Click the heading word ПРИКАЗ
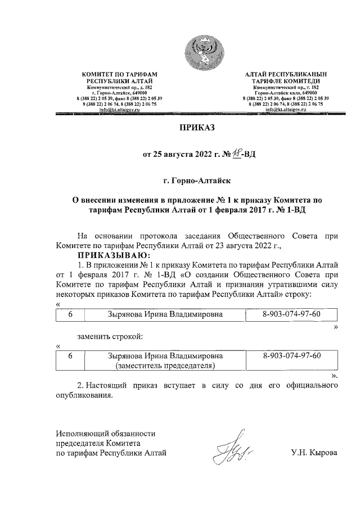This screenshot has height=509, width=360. tap(196, 128)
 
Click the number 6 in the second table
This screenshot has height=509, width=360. tap(70, 356)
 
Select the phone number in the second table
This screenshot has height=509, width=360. tap(292, 356)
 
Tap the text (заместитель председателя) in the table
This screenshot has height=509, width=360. tap(166, 366)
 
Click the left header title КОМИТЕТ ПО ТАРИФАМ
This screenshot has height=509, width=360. tap(119, 75)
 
